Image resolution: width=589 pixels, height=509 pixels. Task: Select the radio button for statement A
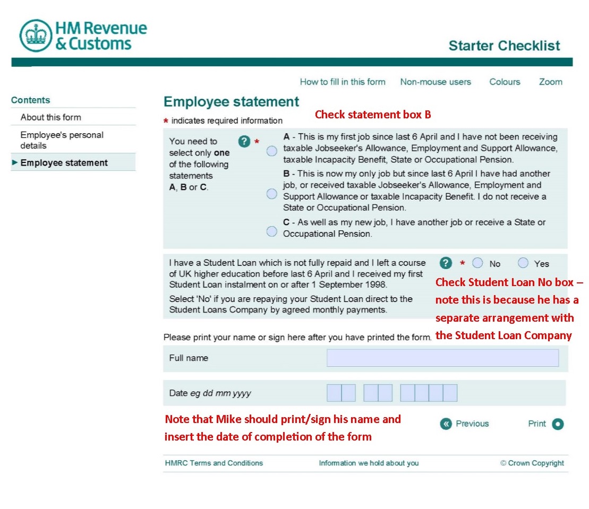coord(272,151)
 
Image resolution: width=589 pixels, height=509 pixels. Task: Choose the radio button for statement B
coord(272,194)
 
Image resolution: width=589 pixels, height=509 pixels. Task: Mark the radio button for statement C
coord(272,231)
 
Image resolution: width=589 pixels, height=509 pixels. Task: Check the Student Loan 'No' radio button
coord(477,263)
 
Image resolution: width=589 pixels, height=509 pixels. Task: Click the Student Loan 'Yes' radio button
coord(523,263)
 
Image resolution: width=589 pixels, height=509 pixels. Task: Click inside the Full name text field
coord(442,358)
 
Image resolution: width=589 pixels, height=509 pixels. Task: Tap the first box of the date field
coord(334,393)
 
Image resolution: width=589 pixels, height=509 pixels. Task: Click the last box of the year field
coord(450,393)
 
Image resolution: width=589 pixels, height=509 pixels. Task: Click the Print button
coord(557,424)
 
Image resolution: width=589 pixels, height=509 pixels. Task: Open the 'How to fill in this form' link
coord(343,82)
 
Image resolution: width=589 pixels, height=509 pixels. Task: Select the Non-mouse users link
coord(436,82)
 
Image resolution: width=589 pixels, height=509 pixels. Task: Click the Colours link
coord(505,82)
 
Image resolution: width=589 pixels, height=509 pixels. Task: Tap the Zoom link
coord(550,82)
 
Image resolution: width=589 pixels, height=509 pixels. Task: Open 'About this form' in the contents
coord(51,117)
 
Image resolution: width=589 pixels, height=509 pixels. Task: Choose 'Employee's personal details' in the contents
coord(62,140)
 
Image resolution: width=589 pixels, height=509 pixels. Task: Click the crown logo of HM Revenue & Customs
coord(36,36)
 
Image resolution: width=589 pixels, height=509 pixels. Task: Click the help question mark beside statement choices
coord(244,141)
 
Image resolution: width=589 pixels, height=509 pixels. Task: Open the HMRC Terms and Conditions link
coord(214,463)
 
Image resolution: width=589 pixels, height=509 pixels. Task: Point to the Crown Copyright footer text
coord(532,463)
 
